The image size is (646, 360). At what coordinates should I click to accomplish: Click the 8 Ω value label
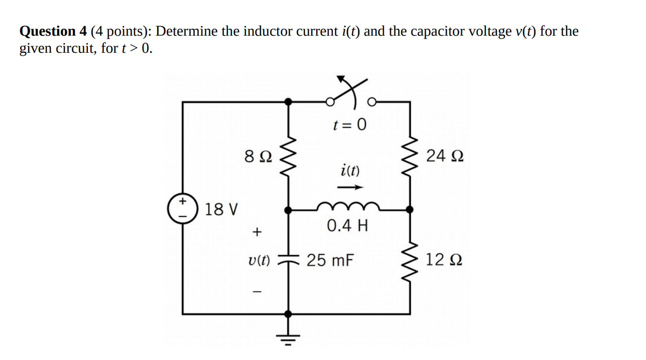point(258,157)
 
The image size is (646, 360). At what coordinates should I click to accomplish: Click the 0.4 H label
point(347,226)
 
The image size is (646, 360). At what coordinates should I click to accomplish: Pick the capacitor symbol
point(288,260)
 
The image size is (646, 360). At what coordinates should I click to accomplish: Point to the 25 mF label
point(330,260)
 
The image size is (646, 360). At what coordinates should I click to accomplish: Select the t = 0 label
point(350,124)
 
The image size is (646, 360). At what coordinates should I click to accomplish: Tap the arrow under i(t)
point(350,188)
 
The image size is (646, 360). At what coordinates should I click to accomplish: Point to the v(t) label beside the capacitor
point(259,260)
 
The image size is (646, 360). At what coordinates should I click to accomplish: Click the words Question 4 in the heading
point(54,32)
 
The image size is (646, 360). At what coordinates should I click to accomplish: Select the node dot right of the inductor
point(410,209)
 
